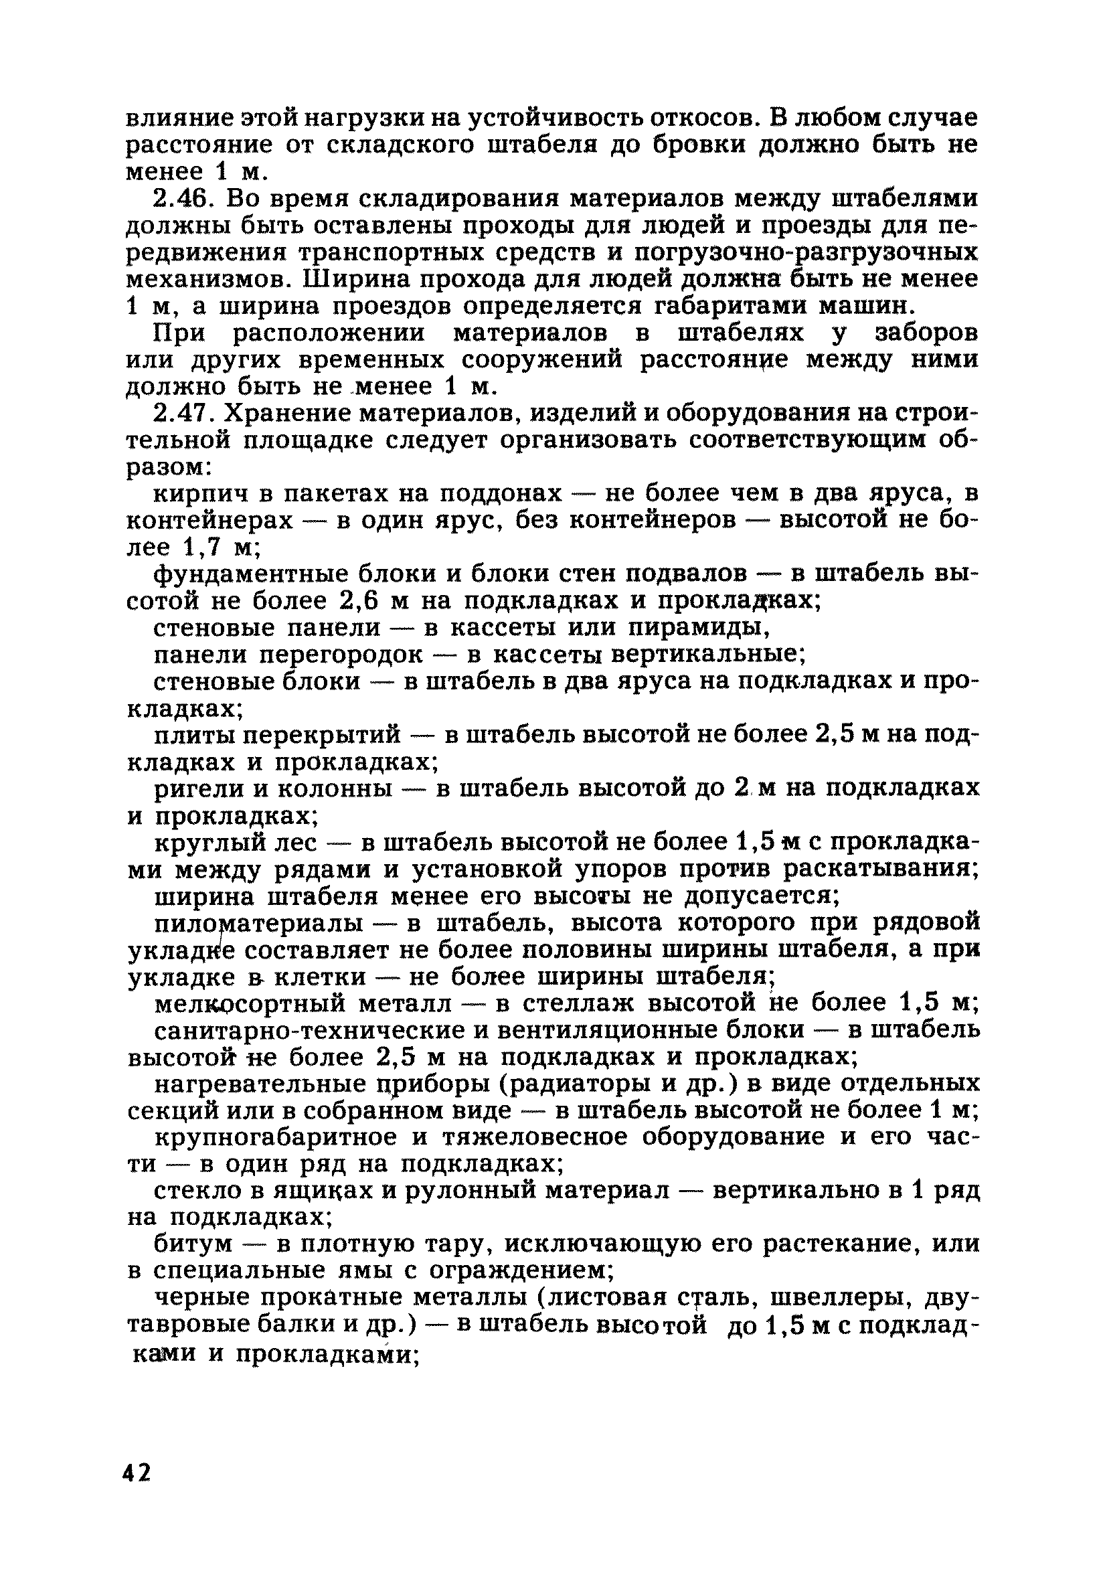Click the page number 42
[x=137, y=1473]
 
